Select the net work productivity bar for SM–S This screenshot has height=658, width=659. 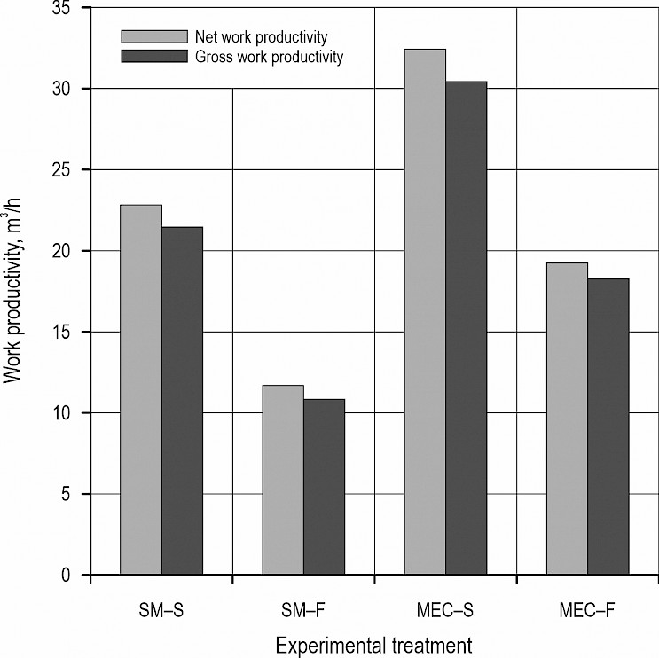point(141,390)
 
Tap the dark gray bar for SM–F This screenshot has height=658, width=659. point(324,487)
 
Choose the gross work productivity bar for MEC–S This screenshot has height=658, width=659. point(466,328)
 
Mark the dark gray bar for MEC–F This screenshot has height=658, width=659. point(608,427)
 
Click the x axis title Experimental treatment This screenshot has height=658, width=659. point(372,641)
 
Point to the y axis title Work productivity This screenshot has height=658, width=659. point(15,293)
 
